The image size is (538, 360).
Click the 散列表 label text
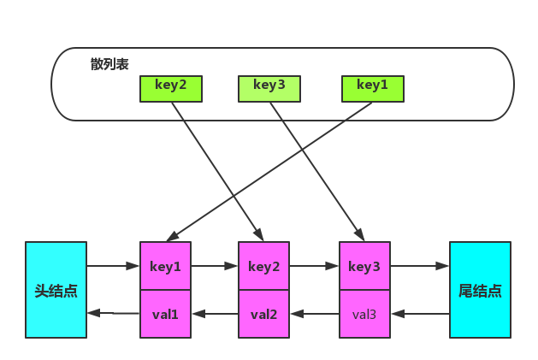pyautogui.click(x=109, y=64)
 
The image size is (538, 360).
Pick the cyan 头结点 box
pyautogui.click(x=56, y=290)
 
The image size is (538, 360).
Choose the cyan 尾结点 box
pyautogui.click(x=479, y=290)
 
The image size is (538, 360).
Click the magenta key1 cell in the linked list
pyautogui.click(x=165, y=267)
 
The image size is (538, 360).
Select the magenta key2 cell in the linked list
pyautogui.click(x=263, y=267)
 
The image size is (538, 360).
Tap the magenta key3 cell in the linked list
pyautogui.click(x=364, y=267)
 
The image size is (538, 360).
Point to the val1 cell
pyautogui.click(x=165, y=314)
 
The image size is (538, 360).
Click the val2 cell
pyautogui.click(x=263, y=314)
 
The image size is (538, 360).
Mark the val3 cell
pyautogui.click(x=364, y=314)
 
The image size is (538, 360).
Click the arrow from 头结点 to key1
pyautogui.click(x=113, y=266)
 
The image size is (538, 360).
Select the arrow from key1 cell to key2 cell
pyautogui.click(x=214, y=266)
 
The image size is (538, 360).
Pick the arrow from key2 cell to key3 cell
pyautogui.click(x=314, y=266)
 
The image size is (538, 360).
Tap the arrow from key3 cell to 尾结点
pyautogui.click(x=419, y=266)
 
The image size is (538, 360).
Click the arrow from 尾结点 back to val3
pyautogui.click(x=419, y=314)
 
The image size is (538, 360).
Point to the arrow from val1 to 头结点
pyautogui.click(x=113, y=313)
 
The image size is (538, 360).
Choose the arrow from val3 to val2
pyautogui.click(x=314, y=314)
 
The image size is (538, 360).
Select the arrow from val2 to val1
pyautogui.click(x=214, y=314)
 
